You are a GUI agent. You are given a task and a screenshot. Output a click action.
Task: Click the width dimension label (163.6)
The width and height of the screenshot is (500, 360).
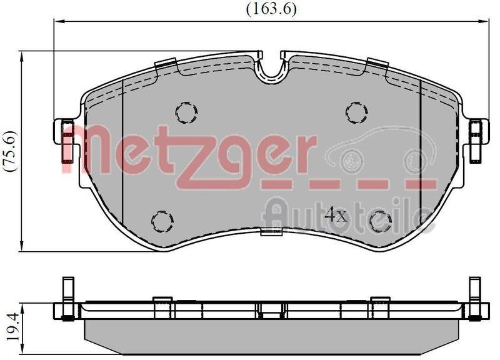pyautogui.click(x=271, y=9)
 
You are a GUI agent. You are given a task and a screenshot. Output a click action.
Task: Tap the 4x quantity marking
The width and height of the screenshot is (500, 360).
pyautogui.click(x=336, y=216)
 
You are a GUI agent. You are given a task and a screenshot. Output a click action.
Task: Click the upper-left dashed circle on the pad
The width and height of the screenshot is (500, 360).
pyautogui.click(x=186, y=112)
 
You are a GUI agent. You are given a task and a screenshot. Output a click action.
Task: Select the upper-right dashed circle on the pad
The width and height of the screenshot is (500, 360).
pyautogui.click(x=356, y=112)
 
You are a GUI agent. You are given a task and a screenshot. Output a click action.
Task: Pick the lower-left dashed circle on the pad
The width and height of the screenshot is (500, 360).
pyautogui.click(x=162, y=221)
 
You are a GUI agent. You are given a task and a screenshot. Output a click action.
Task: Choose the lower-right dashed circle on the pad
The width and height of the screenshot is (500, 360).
pyautogui.click(x=380, y=221)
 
